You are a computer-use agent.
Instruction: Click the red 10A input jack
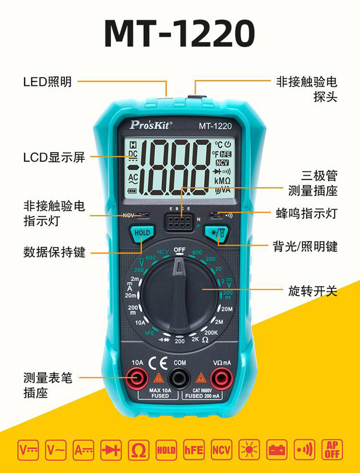138,378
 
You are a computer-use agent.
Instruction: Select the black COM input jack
180,378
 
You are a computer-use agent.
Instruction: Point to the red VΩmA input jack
221,378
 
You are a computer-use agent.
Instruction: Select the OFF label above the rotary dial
180,250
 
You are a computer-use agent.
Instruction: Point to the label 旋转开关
313,291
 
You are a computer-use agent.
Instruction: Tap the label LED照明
47,82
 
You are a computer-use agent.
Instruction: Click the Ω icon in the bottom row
139,450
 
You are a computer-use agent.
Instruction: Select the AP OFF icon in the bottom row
332,450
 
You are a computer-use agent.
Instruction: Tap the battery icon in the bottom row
276,450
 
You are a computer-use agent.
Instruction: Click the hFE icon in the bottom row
194,450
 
